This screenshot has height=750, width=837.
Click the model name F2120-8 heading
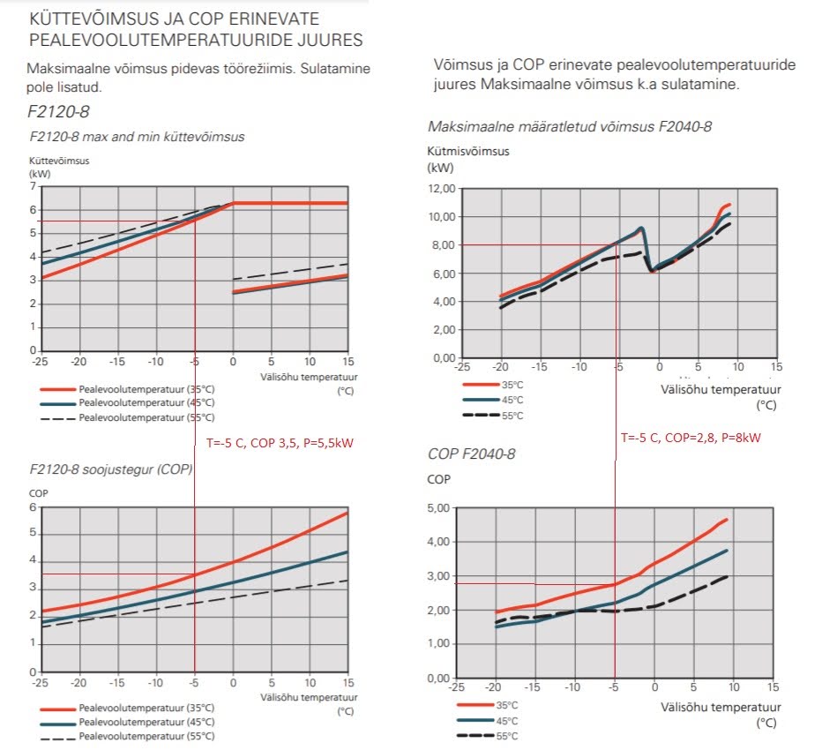pyautogui.click(x=59, y=112)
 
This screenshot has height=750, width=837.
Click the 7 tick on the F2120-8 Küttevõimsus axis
pyautogui.click(x=34, y=187)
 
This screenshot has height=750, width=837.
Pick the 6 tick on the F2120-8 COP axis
pyautogui.click(x=34, y=506)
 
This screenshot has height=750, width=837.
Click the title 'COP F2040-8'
pyautogui.click(x=471, y=454)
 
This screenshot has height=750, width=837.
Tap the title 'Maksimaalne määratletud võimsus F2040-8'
pyautogui.click(x=570, y=127)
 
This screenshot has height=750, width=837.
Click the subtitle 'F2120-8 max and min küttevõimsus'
pyautogui.click(x=137, y=137)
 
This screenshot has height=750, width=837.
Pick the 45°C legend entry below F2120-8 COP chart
pyautogui.click(x=146, y=722)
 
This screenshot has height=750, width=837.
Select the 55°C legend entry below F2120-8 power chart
pyautogui.click(x=146, y=417)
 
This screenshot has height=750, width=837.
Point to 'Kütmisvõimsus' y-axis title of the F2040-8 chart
pyautogui.click(x=467, y=151)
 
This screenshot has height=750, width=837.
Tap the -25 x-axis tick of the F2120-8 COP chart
pyautogui.click(x=39, y=682)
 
